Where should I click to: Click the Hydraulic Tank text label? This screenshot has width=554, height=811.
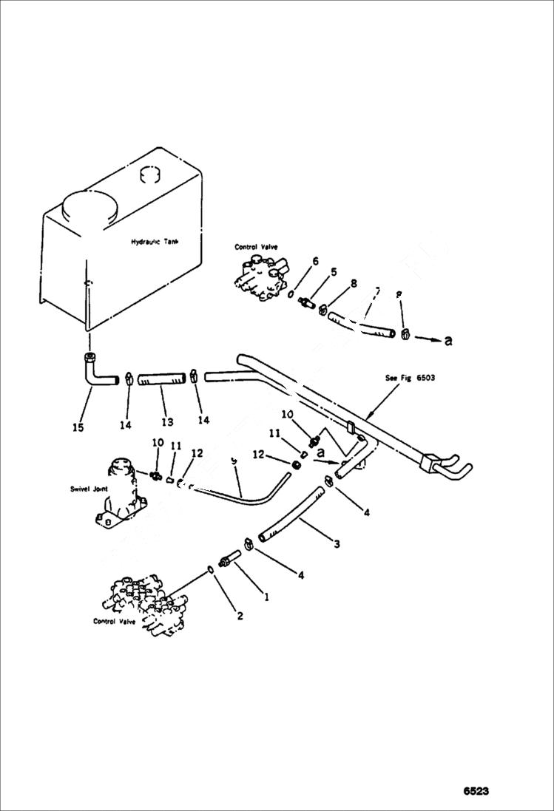[x=155, y=242]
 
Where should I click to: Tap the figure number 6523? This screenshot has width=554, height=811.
[x=476, y=791]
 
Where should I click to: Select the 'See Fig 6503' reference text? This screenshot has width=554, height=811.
[x=410, y=378]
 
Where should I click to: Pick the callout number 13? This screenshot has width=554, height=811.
[x=167, y=422]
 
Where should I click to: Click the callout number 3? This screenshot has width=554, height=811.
[x=337, y=545]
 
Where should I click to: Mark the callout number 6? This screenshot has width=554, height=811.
[x=315, y=261]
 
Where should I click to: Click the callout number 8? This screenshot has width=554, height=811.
[x=354, y=282]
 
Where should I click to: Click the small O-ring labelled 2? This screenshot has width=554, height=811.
[x=211, y=569]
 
